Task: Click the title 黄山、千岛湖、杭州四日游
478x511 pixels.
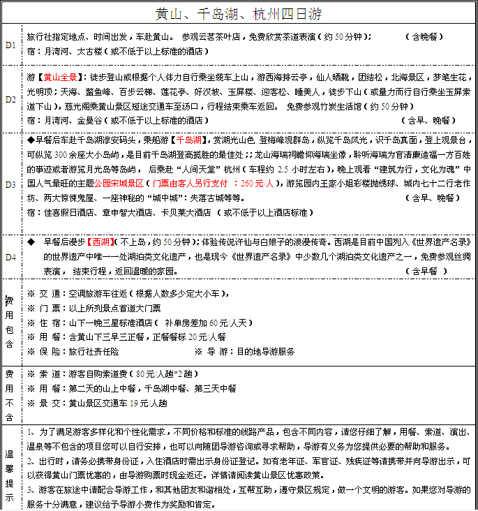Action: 238,14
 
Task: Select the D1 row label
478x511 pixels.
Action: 10,44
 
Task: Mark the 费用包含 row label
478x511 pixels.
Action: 10,321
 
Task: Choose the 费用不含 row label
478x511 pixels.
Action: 10,394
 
